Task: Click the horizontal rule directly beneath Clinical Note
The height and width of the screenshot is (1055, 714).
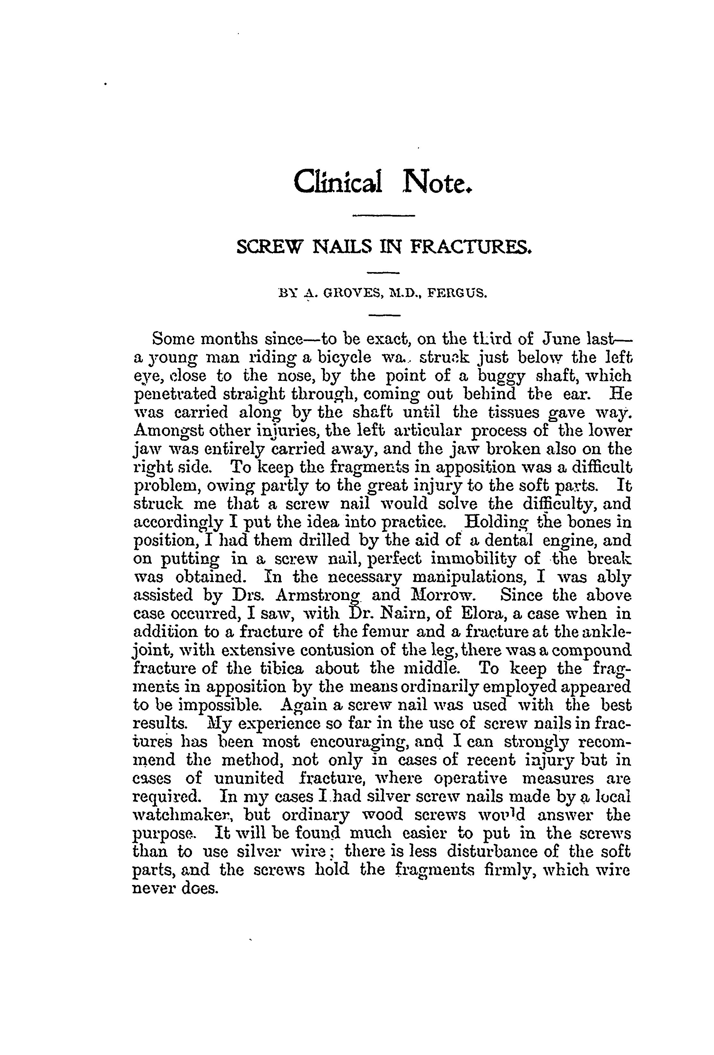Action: coord(383,215)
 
